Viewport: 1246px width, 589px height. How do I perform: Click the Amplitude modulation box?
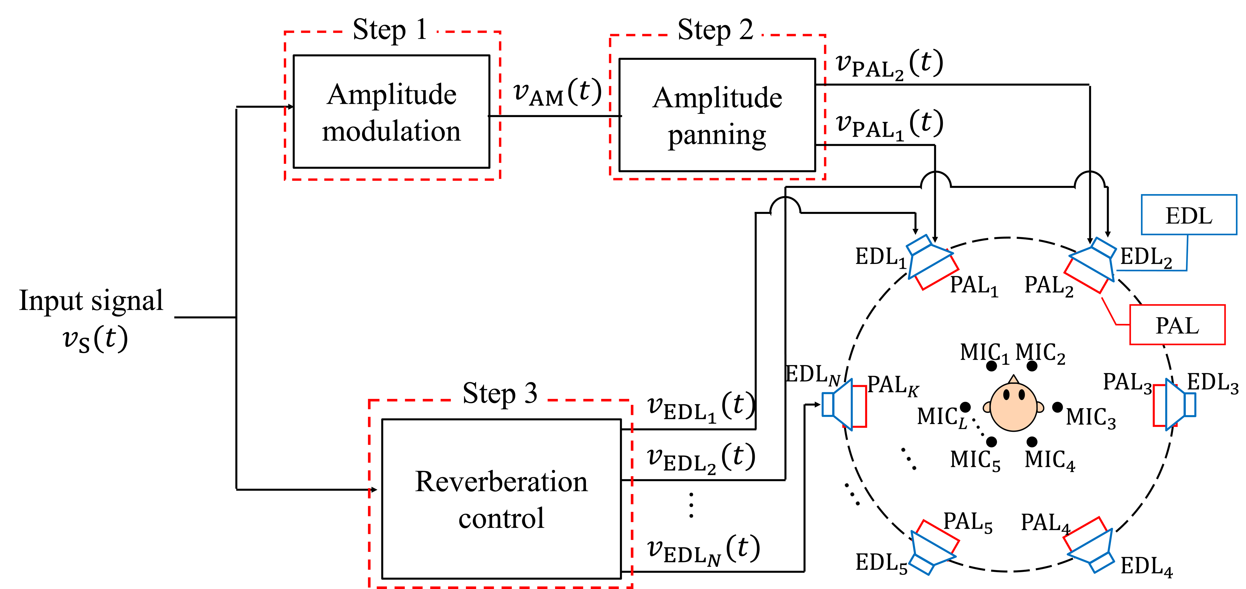pyautogui.click(x=391, y=112)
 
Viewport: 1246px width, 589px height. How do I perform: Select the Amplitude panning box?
pyautogui.click(x=717, y=115)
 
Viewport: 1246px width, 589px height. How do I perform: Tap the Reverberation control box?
pyautogui.click(x=501, y=499)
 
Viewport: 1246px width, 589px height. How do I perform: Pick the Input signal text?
pyautogui.click(x=91, y=301)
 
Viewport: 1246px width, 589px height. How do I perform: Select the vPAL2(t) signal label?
pyautogui.click(x=889, y=64)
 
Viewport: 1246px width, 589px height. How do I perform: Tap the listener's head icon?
pyautogui.click(x=1013, y=406)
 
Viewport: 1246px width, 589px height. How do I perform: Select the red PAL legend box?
pyautogui.click(x=1177, y=325)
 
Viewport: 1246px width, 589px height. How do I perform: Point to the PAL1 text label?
pyautogui.click(x=974, y=285)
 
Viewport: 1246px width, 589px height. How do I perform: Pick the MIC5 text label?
pyautogui.click(x=975, y=460)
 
